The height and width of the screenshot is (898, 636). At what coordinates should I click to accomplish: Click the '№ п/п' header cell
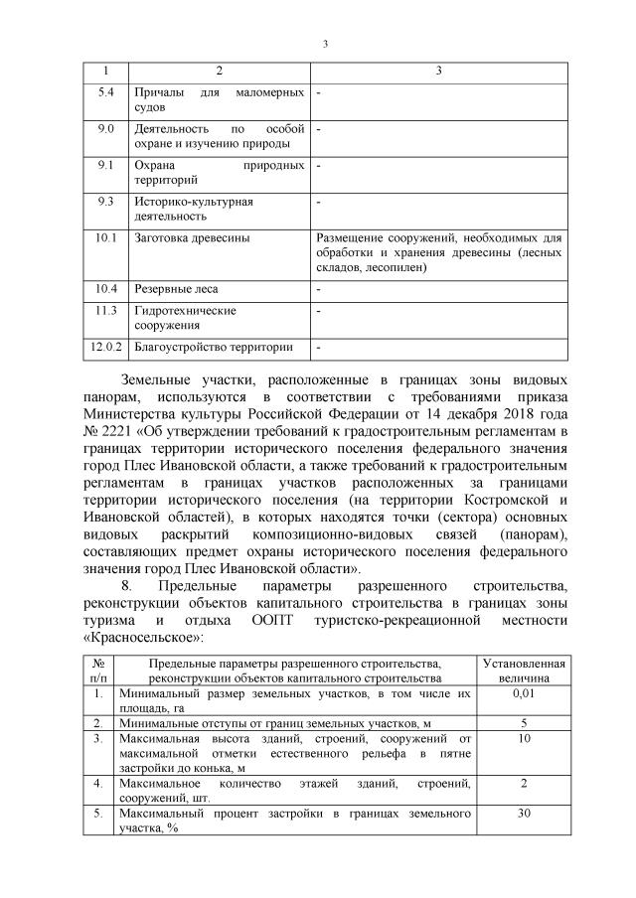point(98,670)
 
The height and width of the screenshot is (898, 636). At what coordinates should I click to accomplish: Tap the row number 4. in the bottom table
point(98,784)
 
